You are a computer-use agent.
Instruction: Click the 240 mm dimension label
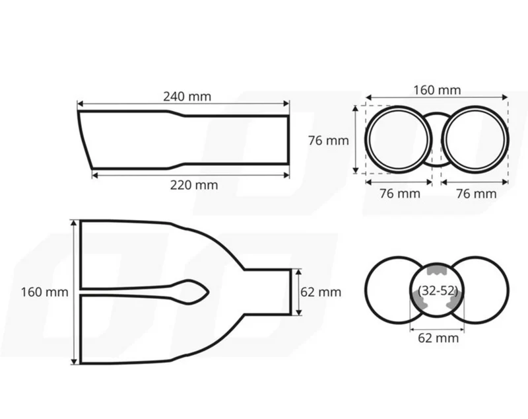click(187, 96)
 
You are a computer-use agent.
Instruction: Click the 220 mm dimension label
click(194, 185)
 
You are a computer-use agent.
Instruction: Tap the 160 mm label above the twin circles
click(437, 91)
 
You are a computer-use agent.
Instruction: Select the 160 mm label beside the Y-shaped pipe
click(44, 292)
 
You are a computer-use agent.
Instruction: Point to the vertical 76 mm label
click(328, 141)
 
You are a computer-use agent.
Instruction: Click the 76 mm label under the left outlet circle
click(400, 194)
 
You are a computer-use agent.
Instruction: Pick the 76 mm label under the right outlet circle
click(476, 194)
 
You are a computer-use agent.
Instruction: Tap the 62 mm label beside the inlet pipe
click(321, 292)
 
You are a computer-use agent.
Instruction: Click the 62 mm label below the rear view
click(438, 338)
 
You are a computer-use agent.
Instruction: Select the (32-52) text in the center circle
click(438, 290)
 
